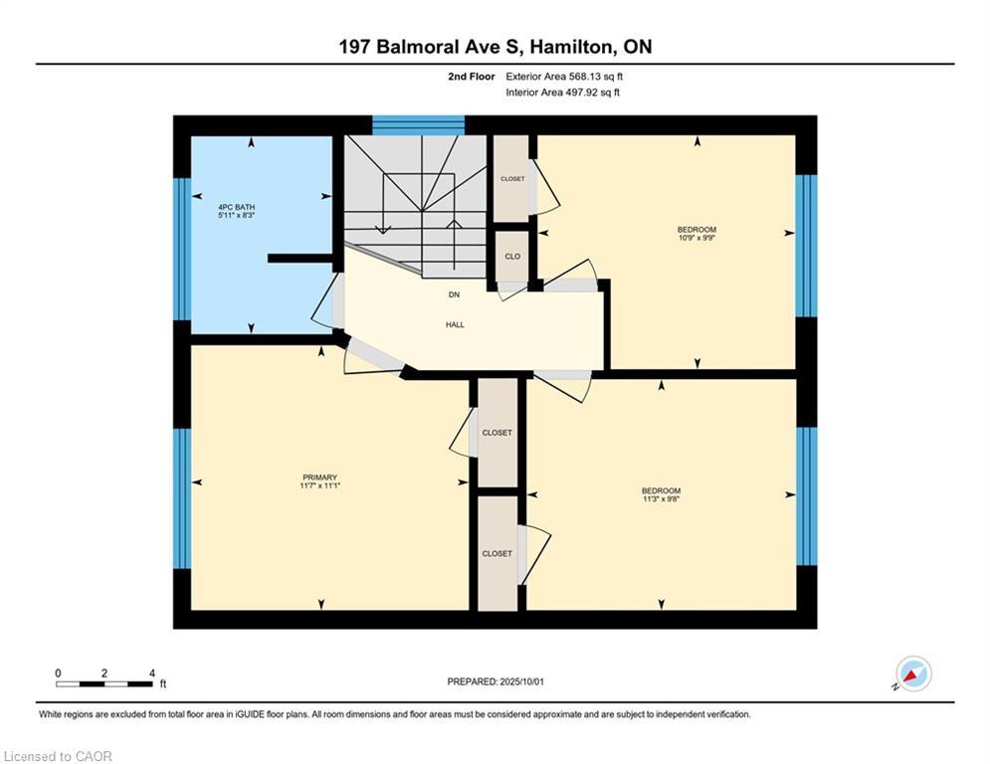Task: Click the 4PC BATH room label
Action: click(x=236, y=207)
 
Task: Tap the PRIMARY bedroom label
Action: click(x=320, y=477)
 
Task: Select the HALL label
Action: click(x=455, y=324)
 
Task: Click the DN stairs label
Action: click(x=454, y=294)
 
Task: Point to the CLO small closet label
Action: click(x=512, y=257)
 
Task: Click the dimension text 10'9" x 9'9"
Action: click(x=696, y=238)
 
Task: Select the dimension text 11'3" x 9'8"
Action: click(x=661, y=498)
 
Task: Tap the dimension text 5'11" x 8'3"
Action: click(x=236, y=215)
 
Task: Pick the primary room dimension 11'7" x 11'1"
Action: click(x=320, y=485)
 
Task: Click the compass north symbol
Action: click(x=913, y=674)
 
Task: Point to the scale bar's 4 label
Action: click(x=152, y=673)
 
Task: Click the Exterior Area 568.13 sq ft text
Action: click(x=564, y=77)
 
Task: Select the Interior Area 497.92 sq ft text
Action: click(x=562, y=93)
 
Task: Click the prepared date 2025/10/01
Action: click(x=521, y=681)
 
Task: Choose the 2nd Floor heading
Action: click(x=472, y=77)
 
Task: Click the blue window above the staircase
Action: click(x=419, y=125)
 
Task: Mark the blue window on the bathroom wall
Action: click(x=182, y=249)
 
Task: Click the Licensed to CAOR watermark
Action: click(x=58, y=756)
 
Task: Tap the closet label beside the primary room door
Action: click(x=496, y=433)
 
